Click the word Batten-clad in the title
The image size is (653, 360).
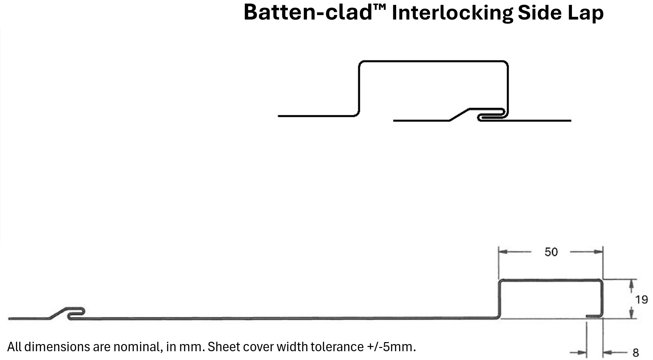pos(308,13)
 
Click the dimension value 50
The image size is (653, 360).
pos(551,252)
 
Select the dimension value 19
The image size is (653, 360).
pos(641,299)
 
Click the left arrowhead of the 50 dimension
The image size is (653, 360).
pos(503,252)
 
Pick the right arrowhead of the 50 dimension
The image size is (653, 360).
pos(598,252)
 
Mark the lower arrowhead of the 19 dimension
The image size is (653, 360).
pos(631,314)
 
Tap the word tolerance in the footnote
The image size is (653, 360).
pos(337,347)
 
